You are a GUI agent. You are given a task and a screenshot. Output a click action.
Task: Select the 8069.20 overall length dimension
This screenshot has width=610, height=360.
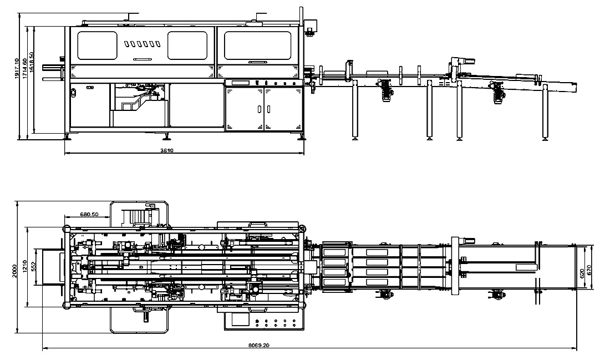click(258, 345)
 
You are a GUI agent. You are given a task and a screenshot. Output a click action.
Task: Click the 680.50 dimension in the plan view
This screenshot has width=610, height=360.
click(89, 214)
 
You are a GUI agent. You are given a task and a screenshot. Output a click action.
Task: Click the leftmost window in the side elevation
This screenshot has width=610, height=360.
click(98, 45)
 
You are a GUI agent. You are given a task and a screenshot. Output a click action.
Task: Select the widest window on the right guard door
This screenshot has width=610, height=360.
click(258, 45)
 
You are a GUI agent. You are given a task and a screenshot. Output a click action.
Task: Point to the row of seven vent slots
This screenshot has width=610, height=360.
click(143, 43)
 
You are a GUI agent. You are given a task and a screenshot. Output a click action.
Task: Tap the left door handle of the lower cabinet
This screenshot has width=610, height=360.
click(260, 108)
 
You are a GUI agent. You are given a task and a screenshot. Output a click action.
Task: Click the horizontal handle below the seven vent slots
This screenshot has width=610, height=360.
click(143, 59)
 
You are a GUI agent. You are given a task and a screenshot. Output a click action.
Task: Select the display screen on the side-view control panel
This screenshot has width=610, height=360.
click(242, 83)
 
